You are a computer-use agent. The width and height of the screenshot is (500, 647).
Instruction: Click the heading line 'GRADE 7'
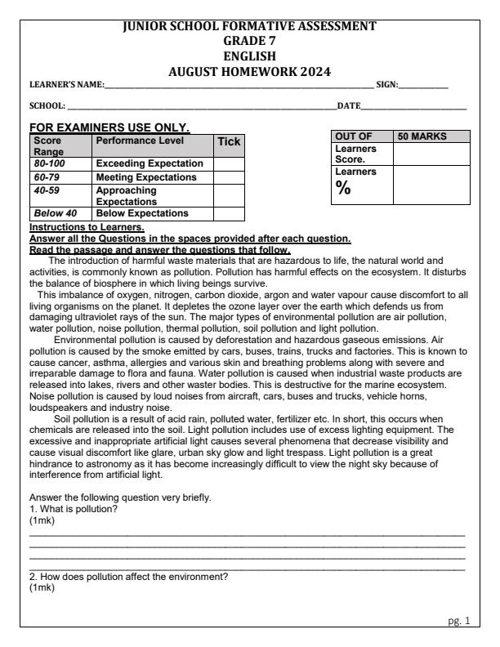(249, 41)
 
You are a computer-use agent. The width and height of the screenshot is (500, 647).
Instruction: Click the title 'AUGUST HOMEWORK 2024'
(249, 71)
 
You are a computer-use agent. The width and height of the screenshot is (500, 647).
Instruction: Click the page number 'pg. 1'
(461, 621)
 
